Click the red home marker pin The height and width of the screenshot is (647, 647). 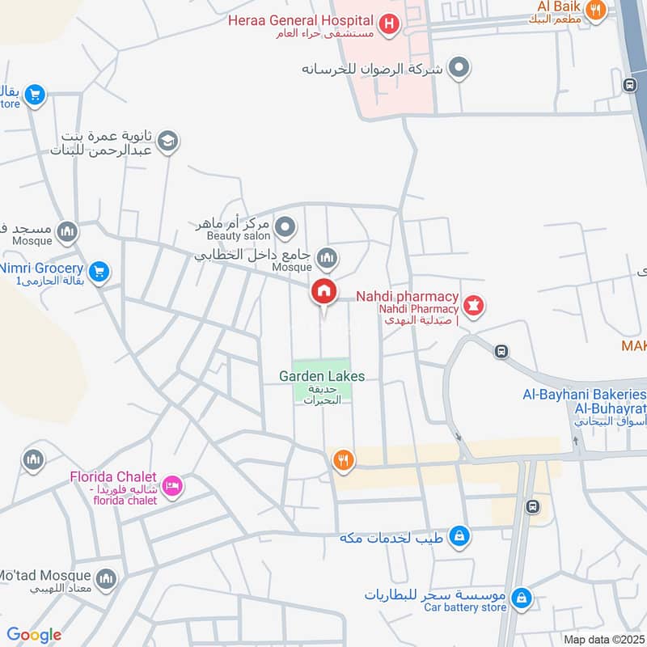323,291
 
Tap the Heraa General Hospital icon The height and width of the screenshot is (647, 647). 389,25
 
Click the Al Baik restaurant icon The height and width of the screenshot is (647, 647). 596,11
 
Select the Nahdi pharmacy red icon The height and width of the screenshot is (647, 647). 474,307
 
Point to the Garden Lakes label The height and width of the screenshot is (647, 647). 322,376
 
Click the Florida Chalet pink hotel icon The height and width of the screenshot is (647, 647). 172,486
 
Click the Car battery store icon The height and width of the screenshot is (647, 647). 522,598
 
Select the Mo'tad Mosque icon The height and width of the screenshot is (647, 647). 106,579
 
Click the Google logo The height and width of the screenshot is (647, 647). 34,635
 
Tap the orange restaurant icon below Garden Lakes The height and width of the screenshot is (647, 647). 343,460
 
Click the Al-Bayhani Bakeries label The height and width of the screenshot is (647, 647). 585,395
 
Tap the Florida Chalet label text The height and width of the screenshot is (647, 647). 112,476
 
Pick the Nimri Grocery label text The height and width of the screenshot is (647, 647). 42,268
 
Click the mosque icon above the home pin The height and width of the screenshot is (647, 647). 327,258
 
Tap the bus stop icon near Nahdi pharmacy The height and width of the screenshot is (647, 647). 501,351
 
